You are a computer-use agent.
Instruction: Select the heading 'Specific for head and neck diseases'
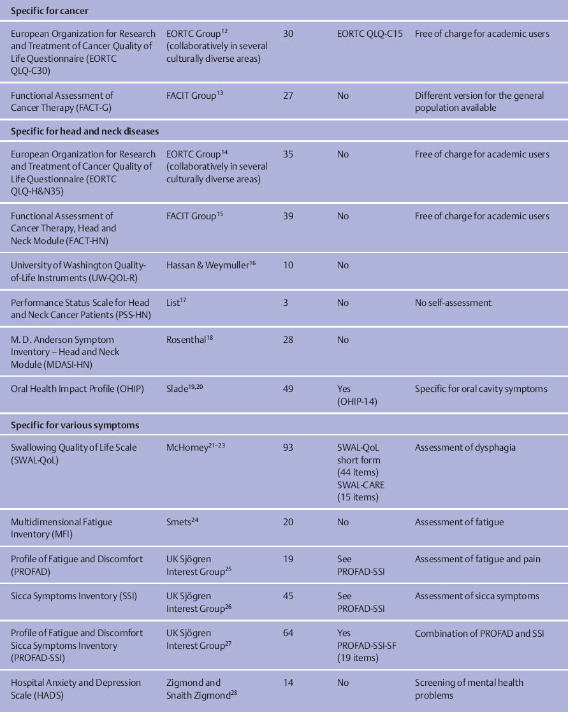85,131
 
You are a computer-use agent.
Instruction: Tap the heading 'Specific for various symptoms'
75,425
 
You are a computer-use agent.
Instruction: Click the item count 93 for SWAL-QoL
288,447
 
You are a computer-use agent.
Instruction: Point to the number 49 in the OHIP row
288,389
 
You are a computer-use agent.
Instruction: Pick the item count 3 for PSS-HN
285,303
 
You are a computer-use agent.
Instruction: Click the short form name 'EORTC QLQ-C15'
370,34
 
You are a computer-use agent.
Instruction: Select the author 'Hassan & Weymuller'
207,266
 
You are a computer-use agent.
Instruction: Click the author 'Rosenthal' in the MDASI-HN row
187,340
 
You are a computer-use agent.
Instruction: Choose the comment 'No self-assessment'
453,303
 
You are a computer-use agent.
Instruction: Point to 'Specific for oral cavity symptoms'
481,389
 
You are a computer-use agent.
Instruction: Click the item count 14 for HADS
288,683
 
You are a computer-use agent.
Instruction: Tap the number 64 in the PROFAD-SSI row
288,633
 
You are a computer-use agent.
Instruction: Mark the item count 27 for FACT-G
288,96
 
